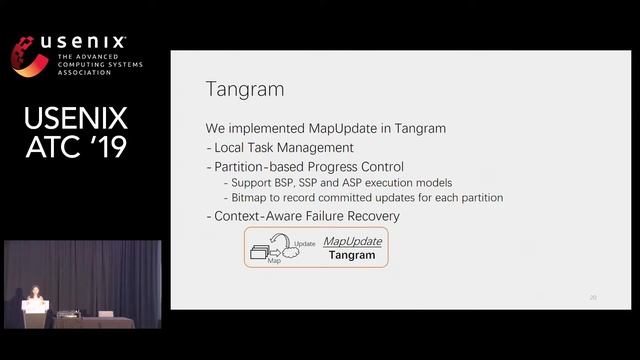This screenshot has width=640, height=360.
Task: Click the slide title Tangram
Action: point(244,90)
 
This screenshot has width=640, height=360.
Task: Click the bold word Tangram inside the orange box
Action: point(351,255)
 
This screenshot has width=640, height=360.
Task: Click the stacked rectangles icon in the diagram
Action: point(263,251)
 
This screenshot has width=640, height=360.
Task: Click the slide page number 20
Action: point(593,297)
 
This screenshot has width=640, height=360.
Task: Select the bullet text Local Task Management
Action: point(269,148)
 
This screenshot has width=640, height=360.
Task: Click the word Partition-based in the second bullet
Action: point(249,166)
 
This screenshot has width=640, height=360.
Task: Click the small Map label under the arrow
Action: point(274,260)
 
